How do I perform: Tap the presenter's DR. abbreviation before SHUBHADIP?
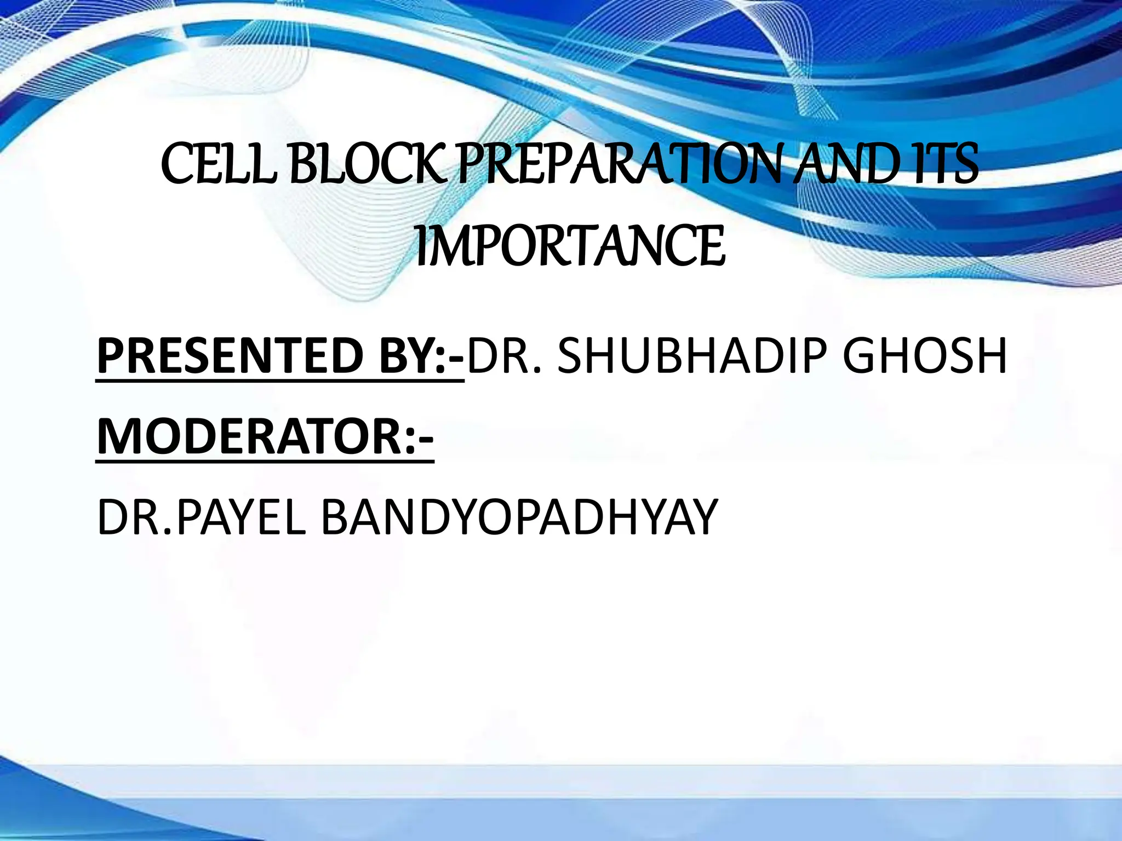[x=505, y=356]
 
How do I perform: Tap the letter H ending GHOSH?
[x=989, y=356]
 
